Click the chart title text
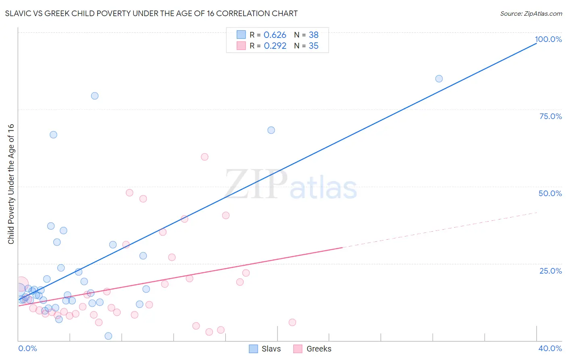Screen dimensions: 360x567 pyautogui.click(x=151, y=13)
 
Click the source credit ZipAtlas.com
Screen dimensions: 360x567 pyautogui.click(x=531, y=13)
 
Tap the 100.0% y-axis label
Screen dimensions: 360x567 pyautogui.click(x=548, y=39)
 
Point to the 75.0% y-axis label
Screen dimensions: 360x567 pyautogui.click(x=550, y=116)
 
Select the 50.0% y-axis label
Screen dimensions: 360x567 pyautogui.click(x=550, y=193)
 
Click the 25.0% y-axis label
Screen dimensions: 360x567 pyautogui.click(x=550, y=270)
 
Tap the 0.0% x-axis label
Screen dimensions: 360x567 pyautogui.click(x=27, y=348)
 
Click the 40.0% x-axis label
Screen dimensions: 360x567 pyautogui.click(x=550, y=348)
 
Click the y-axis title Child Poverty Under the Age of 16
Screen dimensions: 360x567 pyautogui.click(x=11, y=184)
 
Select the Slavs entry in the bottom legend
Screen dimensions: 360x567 pyautogui.click(x=271, y=349)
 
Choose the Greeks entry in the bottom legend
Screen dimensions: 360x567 pyautogui.click(x=319, y=349)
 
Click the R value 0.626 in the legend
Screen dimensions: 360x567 pyautogui.click(x=275, y=35)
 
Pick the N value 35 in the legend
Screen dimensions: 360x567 pyautogui.click(x=313, y=46)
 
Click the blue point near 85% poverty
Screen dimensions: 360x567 pyautogui.click(x=439, y=79)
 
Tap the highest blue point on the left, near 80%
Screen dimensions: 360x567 pyautogui.click(x=95, y=96)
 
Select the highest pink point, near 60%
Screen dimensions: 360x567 pyautogui.click(x=204, y=157)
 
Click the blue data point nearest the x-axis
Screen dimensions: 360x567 pyautogui.click(x=108, y=336)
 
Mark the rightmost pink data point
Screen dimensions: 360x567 pyautogui.click(x=292, y=322)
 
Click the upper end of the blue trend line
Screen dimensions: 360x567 pyautogui.click(x=536, y=43)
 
